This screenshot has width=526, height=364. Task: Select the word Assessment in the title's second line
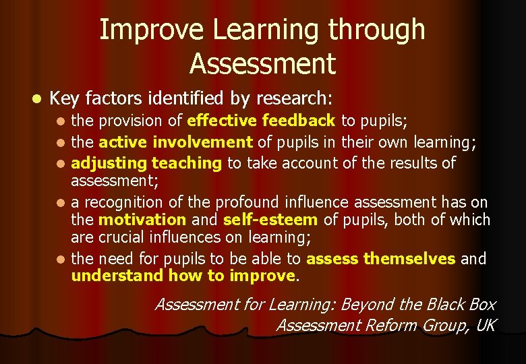coord(262,63)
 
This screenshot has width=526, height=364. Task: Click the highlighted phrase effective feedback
coord(261,121)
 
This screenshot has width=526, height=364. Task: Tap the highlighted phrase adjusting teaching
coord(146,163)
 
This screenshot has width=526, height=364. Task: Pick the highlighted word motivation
coord(142,220)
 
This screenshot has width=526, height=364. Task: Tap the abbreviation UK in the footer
coord(485,326)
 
